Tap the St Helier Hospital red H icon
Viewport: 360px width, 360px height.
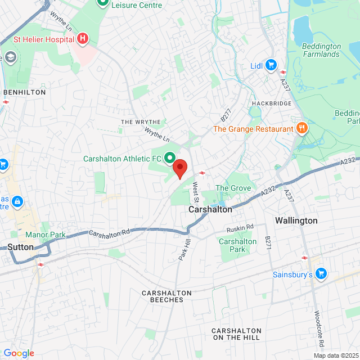click(x=83, y=38)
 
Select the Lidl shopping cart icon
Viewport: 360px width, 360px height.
click(x=271, y=66)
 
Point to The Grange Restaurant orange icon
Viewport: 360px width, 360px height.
click(x=302, y=129)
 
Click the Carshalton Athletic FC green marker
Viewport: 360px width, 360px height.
click(x=168, y=159)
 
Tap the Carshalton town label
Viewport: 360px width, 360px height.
click(x=210, y=209)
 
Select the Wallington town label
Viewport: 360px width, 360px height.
click(x=296, y=220)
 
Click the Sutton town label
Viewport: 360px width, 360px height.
click(x=21, y=247)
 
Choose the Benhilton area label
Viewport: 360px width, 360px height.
click(x=24, y=92)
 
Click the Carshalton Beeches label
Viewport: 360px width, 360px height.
click(x=166, y=296)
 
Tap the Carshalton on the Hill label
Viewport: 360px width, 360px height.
click(x=236, y=334)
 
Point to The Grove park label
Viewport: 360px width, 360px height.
click(x=233, y=188)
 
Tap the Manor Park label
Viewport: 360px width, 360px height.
click(x=45, y=235)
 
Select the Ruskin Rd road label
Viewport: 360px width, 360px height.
click(x=240, y=228)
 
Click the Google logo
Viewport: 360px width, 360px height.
click(x=19, y=353)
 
